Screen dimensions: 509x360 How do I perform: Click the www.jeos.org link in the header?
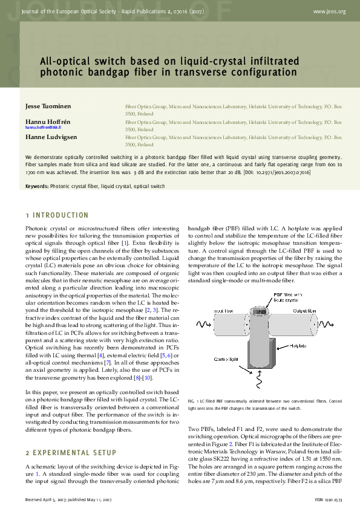330,11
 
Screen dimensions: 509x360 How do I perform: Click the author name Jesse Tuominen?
47,106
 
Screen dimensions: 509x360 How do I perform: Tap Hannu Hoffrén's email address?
43,128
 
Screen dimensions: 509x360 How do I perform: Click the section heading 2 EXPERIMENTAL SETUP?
67,452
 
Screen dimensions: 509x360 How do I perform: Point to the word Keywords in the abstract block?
37,186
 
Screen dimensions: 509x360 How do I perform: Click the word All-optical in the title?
66,62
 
